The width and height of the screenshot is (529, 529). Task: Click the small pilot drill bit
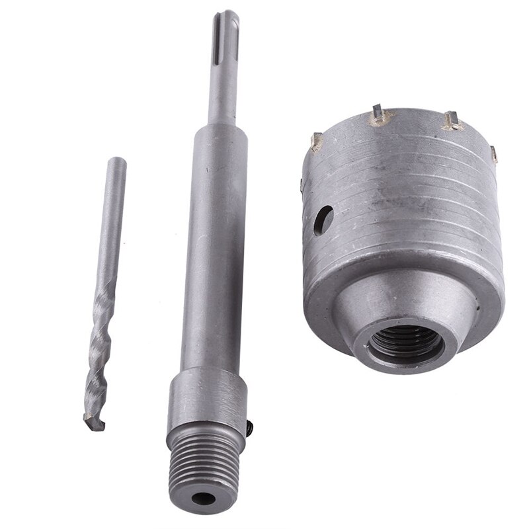tap(106, 291)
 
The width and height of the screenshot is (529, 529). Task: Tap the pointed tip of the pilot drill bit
tap(93, 423)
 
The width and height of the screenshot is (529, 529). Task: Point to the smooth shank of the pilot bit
tap(114, 212)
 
